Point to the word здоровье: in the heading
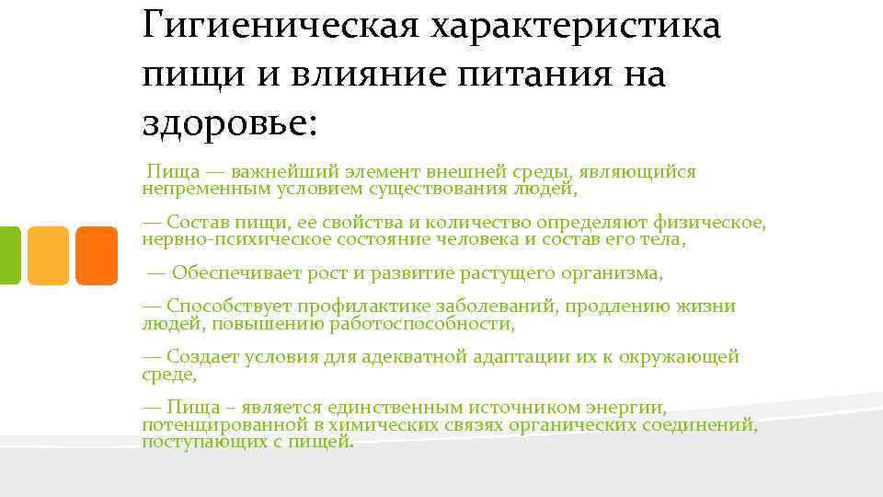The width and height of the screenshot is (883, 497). pos(229,122)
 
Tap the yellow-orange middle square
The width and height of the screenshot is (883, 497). pos(48,255)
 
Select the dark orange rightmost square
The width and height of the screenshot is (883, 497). pos(96,255)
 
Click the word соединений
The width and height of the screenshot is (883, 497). pos(699,425)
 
